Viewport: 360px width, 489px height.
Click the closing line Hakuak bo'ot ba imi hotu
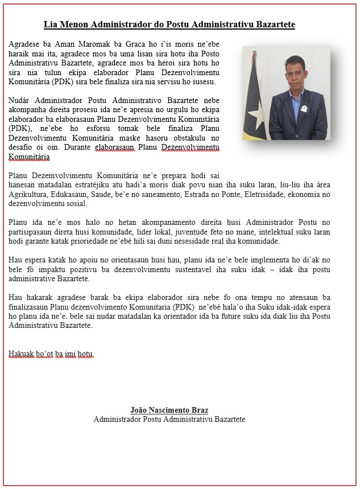pyautogui.click(x=51, y=354)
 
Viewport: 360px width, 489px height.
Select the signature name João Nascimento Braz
pyautogui.click(x=169, y=410)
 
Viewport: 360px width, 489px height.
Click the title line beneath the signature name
pyautogui.click(x=169, y=419)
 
